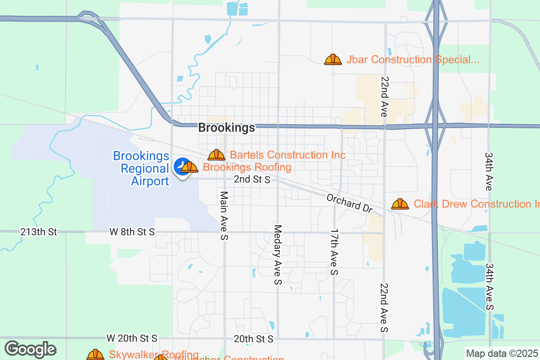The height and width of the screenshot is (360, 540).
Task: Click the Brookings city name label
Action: pos(226,128)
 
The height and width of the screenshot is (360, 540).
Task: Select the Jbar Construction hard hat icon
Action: pos(333,59)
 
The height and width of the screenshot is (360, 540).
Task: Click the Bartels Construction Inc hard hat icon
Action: pos(216,155)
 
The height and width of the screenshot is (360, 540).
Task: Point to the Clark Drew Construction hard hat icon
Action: pos(400,204)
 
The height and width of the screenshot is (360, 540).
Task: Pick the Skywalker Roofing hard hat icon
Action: pos(95,355)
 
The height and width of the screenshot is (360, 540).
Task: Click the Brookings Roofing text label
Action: pos(247,167)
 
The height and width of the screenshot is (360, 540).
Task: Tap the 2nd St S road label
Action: pos(252,180)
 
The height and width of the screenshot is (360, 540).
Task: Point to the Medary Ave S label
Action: pos(278,255)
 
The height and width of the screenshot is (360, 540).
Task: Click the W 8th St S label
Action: pos(132,232)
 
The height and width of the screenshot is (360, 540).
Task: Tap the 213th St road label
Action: pos(39,232)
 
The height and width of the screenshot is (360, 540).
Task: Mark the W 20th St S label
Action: pos(132,338)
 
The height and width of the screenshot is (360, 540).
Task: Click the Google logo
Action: pos(30,349)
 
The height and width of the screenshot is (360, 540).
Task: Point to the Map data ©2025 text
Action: pos(501,353)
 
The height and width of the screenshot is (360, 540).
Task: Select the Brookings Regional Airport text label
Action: pos(141,169)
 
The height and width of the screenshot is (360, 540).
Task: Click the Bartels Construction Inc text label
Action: pos(288,155)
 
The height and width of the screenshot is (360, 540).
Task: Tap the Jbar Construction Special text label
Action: pos(413,60)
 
